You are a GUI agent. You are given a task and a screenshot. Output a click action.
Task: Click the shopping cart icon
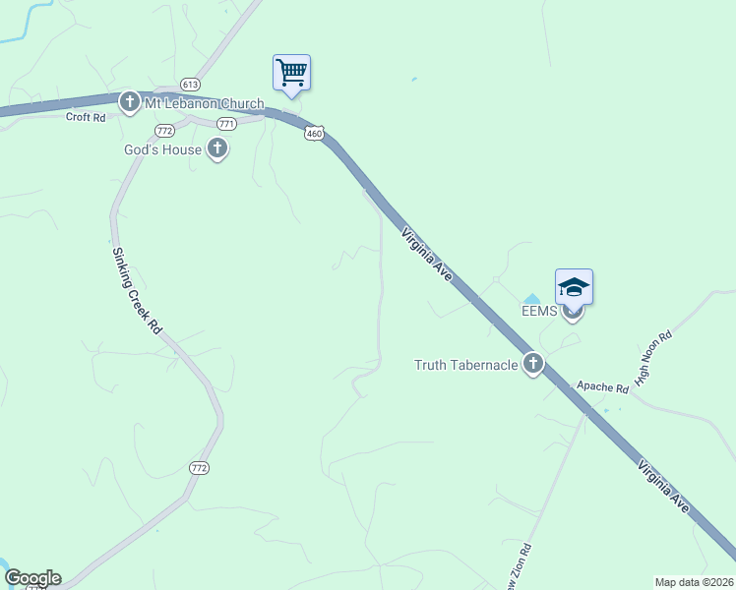(x=291, y=72)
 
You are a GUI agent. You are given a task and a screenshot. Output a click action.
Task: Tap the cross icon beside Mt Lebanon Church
(x=129, y=101)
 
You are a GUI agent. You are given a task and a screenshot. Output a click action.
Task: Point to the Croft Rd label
(x=85, y=117)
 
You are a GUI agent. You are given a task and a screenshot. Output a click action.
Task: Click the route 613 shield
(x=191, y=85)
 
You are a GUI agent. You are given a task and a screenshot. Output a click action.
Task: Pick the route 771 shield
(x=227, y=124)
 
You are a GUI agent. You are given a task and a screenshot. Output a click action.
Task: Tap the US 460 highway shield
(x=314, y=133)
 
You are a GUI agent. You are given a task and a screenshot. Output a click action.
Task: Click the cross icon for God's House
(x=217, y=149)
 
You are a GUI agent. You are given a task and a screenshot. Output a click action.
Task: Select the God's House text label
(x=162, y=149)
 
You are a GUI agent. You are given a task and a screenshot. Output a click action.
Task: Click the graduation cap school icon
(x=574, y=287)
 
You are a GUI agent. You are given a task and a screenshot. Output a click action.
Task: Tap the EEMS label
(x=539, y=312)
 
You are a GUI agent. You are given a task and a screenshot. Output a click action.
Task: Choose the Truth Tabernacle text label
(x=466, y=365)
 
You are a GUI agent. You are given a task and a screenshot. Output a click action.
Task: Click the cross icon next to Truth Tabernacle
(x=533, y=365)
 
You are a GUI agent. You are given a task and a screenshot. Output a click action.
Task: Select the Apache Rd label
(x=602, y=388)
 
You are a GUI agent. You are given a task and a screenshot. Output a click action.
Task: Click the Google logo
(x=31, y=578)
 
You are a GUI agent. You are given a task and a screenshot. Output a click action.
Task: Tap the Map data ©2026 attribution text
(x=694, y=582)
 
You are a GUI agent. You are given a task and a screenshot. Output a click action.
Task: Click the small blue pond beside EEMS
(x=531, y=299)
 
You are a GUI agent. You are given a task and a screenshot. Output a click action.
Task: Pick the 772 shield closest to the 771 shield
(x=165, y=130)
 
